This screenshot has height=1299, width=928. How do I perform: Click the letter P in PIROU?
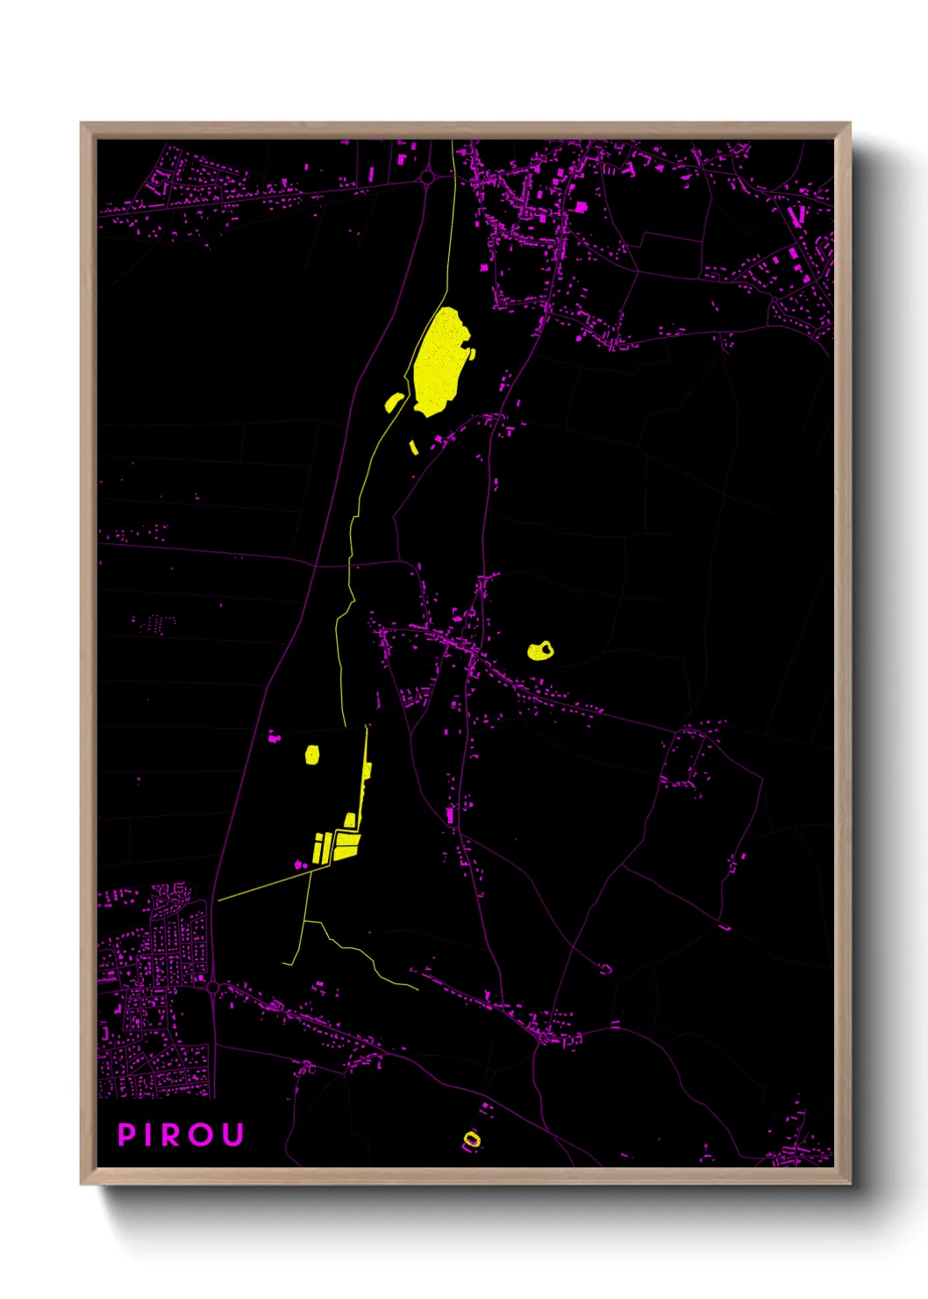coord(125,1135)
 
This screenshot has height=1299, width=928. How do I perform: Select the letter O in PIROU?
coord(200,1135)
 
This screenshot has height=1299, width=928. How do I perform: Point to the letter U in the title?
coord(232,1135)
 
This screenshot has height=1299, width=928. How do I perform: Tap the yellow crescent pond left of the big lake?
coord(394,402)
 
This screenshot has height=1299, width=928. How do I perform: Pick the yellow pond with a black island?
coord(539,651)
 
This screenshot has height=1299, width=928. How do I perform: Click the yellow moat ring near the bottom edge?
coord(472,1139)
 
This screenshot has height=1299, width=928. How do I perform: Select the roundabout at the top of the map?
coord(427,177)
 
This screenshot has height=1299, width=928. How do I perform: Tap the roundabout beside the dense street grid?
coord(213,987)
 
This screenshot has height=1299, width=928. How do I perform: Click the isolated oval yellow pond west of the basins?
coord(311,754)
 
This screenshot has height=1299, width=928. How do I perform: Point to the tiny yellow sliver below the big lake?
coord(413,447)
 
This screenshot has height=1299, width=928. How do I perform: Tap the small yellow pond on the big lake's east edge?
coord(472,354)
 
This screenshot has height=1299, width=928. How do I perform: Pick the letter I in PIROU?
coord(147,1135)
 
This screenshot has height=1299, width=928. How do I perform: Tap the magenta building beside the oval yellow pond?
coord(275,737)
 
